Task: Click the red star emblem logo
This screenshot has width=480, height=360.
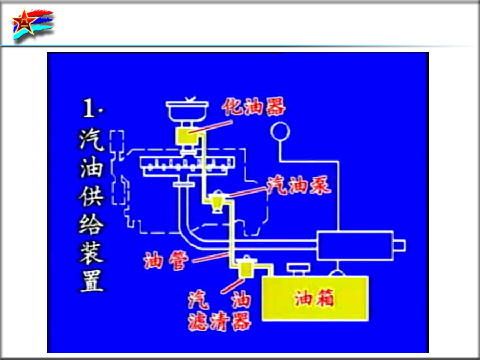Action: pos(25,22)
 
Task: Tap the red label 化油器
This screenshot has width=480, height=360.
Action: pos(254,107)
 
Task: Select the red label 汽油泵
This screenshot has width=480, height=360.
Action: pos(299,185)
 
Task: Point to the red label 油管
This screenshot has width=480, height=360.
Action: pos(166,261)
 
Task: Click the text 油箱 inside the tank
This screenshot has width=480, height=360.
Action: pos(314,298)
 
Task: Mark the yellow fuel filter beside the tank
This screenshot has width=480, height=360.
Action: pos(246,268)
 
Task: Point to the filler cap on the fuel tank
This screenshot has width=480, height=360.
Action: pos(299,268)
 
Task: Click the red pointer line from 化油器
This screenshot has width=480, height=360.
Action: pos(211,127)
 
